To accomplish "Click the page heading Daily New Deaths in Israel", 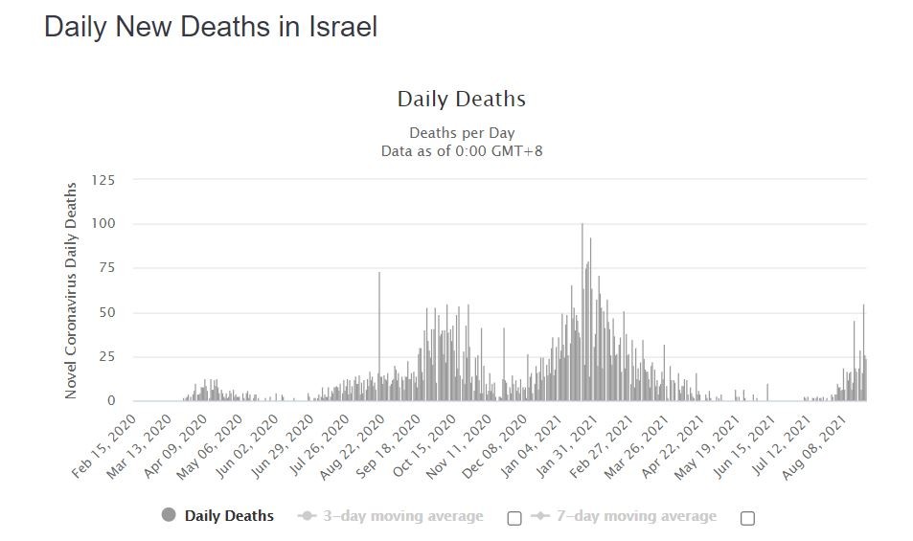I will (x=211, y=27).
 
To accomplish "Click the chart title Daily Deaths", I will (x=461, y=99).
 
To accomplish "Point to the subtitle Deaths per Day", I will (x=461, y=133).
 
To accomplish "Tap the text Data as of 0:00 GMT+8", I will (x=461, y=150).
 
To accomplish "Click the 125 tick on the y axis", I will (x=103, y=180).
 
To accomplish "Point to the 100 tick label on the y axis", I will (x=103, y=224).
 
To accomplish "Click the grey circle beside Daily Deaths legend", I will (x=170, y=516).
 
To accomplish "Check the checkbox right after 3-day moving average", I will (x=514, y=518).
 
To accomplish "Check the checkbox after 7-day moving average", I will (x=748, y=518).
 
